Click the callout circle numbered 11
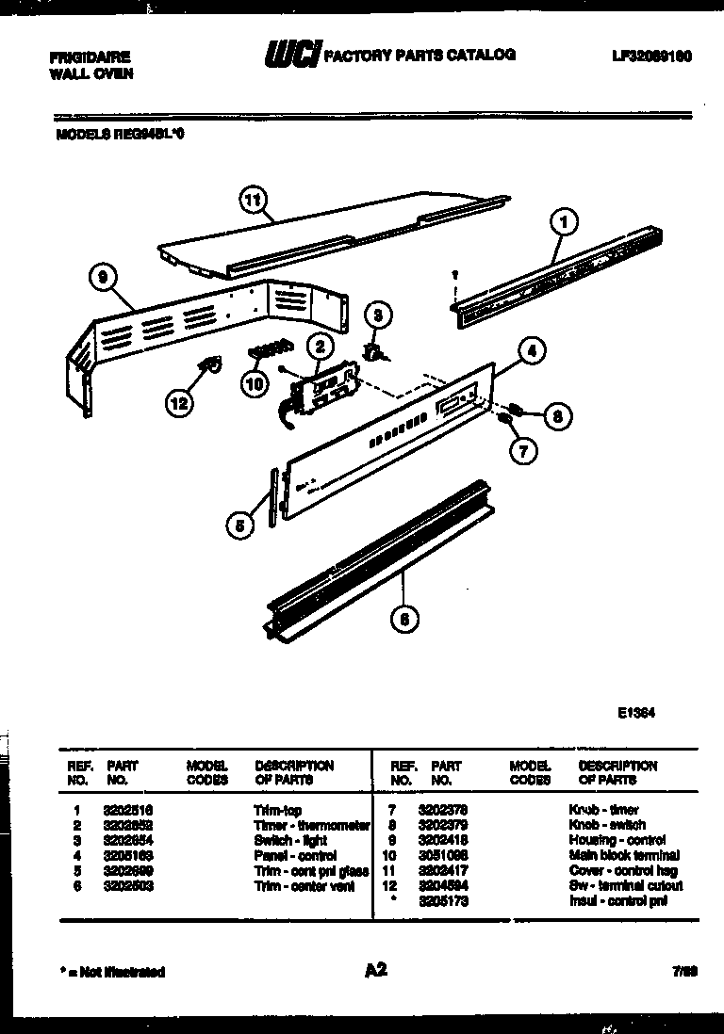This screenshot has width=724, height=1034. tap(252, 200)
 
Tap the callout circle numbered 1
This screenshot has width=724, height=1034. tap(563, 223)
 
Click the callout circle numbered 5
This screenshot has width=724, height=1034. tap(240, 527)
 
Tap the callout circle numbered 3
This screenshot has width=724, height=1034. tap(377, 315)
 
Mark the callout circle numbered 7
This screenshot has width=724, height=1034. tap(521, 450)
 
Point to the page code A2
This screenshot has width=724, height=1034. tap(374, 970)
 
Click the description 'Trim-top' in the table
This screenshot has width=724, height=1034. tap(277, 810)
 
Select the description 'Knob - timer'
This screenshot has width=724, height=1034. tap(603, 810)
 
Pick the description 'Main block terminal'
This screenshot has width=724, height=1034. tap(623, 855)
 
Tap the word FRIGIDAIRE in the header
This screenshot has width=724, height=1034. tap(90, 57)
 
